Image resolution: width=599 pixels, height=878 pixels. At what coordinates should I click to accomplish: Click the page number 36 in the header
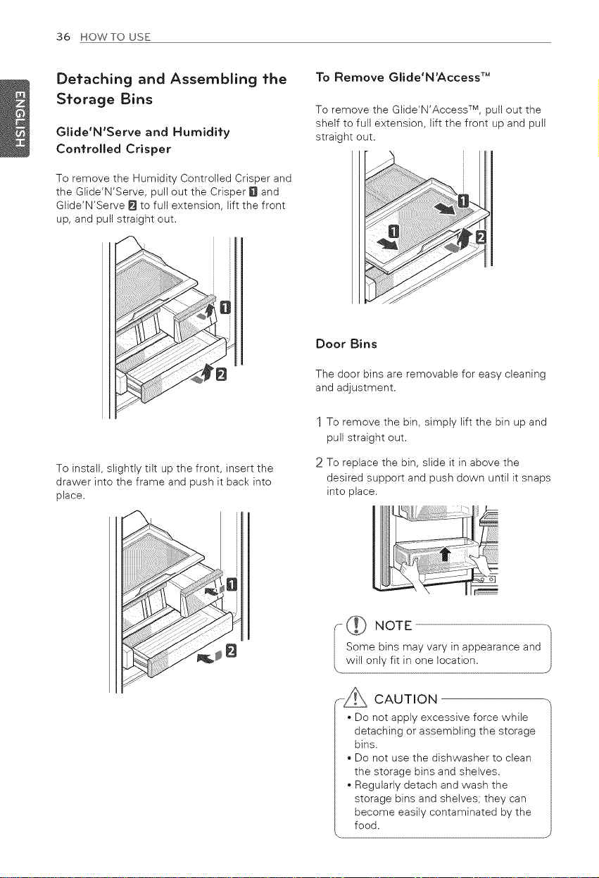[63, 37]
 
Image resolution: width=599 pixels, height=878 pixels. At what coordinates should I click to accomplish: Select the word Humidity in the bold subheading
[201, 132]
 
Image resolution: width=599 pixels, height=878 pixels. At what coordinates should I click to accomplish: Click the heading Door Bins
[346, 344]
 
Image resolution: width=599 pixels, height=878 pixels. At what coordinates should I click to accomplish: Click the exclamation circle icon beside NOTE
[356, 625]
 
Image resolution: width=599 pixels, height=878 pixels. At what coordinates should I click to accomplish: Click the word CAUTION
[406, 699]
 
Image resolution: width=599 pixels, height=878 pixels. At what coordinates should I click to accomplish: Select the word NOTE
[393, 626]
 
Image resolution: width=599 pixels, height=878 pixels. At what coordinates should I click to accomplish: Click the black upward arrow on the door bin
[445, 555]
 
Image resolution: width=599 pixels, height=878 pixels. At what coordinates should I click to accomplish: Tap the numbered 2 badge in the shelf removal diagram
[481, 237]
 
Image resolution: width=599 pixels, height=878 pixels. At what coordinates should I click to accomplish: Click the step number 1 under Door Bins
[320, 422]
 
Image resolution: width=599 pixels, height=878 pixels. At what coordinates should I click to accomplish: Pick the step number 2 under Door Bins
[320, 463]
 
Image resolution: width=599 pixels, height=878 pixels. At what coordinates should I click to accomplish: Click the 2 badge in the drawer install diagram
[232, 651]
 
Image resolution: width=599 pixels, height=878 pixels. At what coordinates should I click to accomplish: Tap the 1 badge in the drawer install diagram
[232, 584]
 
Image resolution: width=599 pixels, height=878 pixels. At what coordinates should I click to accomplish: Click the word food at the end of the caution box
[367, 825]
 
